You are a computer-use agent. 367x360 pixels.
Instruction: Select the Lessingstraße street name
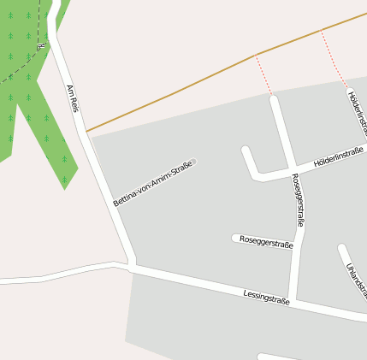[x=266, y=298]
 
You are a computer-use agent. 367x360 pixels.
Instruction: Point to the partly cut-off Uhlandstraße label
[x=355, y=279]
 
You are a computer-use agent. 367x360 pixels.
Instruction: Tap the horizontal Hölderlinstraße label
[x=339, y=156]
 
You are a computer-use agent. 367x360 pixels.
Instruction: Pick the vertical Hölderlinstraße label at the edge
[x=358, y=112]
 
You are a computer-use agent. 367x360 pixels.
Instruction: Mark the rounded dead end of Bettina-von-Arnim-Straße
[x=192, y=162]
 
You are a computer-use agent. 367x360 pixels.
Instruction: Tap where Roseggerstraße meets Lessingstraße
[x=292, y=300]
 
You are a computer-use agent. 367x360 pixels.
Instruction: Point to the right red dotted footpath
[x=334, y=60]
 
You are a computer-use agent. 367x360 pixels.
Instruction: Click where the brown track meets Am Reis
[x=86, y=132]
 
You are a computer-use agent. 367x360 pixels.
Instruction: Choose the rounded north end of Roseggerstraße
[x=274, y=99]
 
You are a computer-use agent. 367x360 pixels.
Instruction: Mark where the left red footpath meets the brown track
[x=256, y=56]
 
